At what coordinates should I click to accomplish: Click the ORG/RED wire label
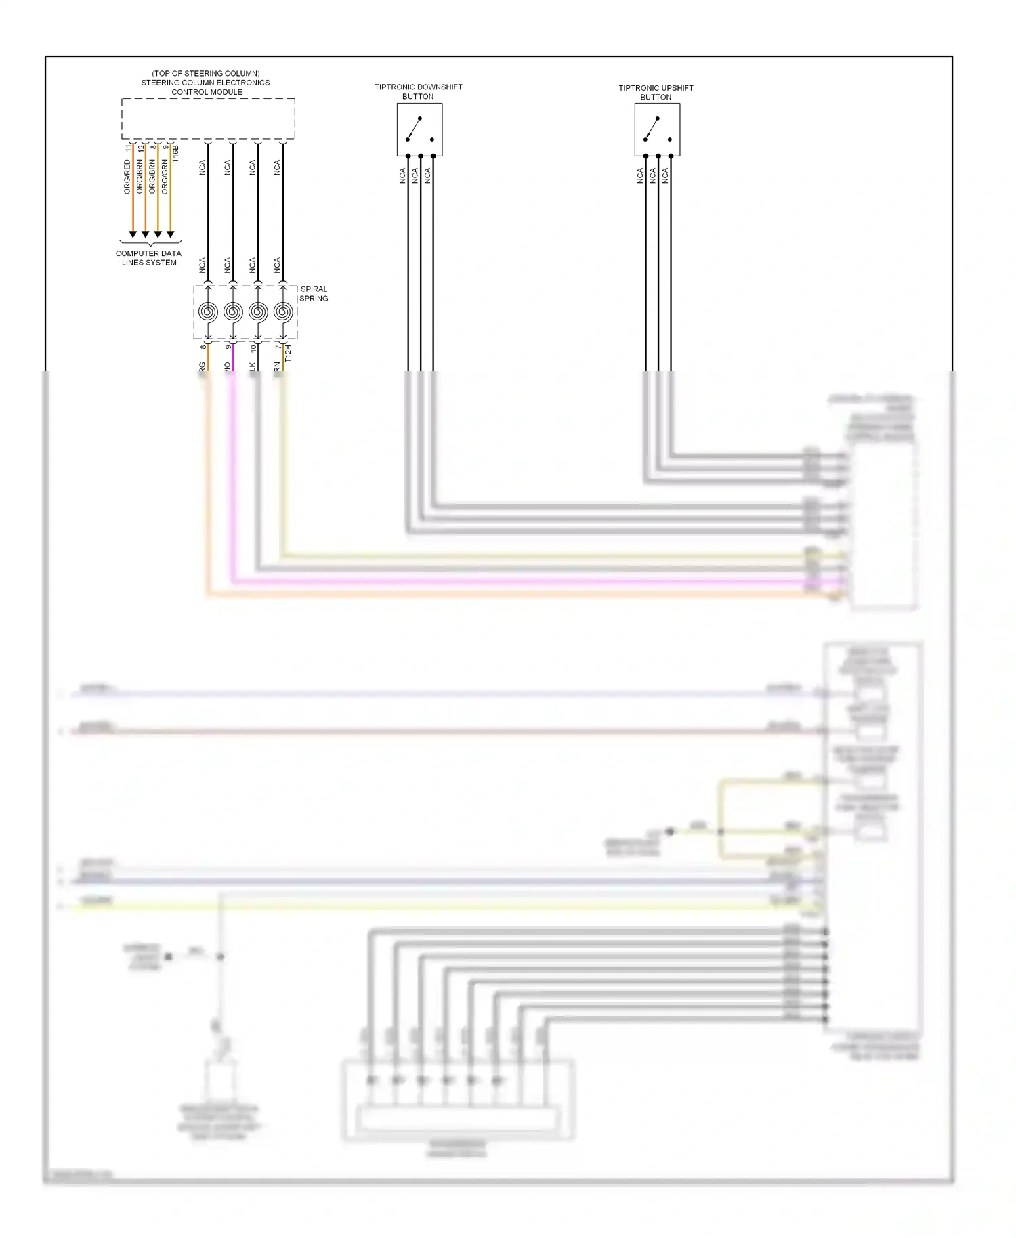127,177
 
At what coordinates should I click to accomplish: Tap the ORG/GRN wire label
165,177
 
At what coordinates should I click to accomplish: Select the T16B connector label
176,153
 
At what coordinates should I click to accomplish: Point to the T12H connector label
288,353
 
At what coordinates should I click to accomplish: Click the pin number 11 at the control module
127,147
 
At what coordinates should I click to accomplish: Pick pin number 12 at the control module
140,147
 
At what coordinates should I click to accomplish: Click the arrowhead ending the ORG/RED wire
133,234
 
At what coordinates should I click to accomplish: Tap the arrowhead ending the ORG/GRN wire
170,234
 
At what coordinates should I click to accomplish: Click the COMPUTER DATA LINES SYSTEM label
149,258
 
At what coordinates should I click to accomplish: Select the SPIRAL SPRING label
314,293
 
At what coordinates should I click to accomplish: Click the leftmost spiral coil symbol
208,312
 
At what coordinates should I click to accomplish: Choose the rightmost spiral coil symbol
283,312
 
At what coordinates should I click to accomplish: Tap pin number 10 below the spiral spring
253,347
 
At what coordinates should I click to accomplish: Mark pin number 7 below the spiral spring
278,347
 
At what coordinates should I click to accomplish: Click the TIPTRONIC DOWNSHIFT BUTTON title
418,91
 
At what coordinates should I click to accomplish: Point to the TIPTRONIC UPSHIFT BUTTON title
656,92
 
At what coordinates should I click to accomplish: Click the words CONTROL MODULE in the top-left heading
207,92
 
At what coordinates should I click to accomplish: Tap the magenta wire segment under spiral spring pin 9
233,357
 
